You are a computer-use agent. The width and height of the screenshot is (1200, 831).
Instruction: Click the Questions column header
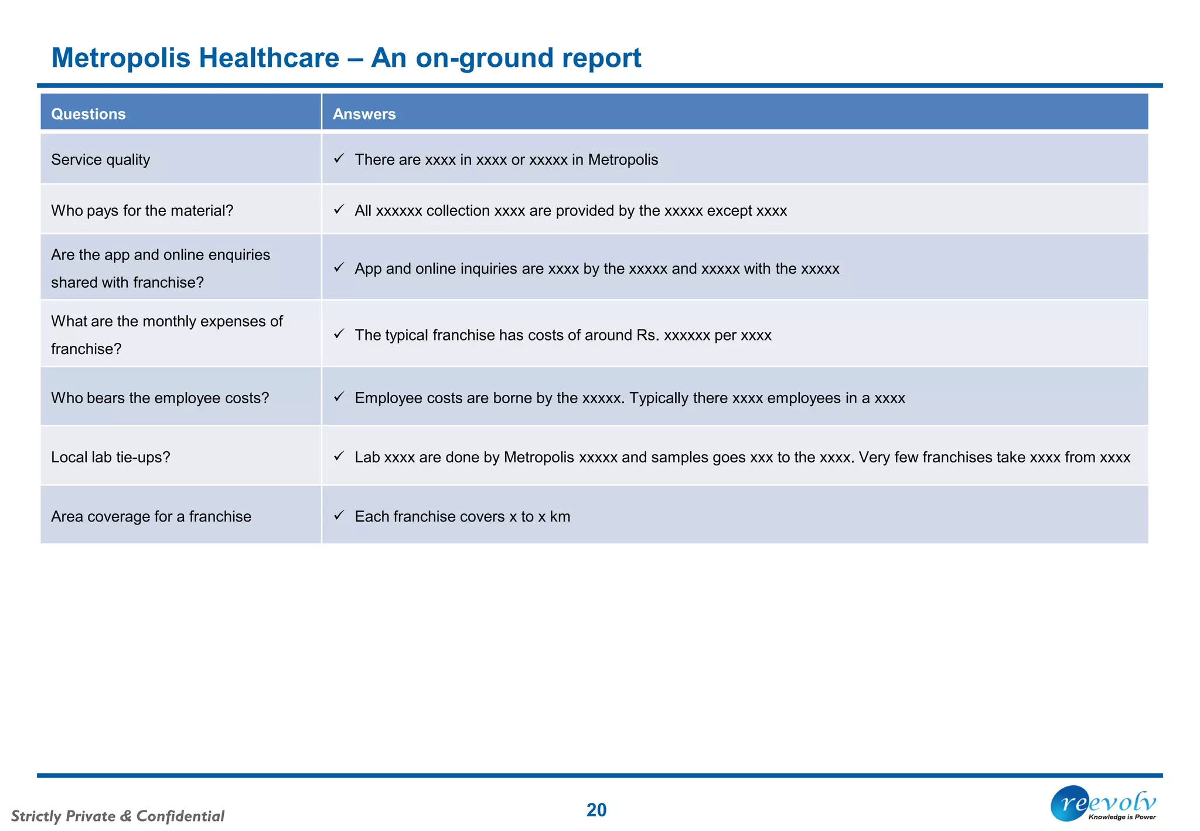coord(88,114)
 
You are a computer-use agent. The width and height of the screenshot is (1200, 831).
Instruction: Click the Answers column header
coord(364,114)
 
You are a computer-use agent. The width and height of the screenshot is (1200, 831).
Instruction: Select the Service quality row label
coord(100,159)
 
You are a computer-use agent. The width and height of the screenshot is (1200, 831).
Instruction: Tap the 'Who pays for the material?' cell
coord(142,210)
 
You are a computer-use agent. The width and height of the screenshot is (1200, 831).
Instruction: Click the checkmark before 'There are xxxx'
coord(339,158)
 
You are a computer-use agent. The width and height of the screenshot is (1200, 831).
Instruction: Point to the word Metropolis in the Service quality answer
coord(623,159)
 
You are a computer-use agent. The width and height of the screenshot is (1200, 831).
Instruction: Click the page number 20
coord(596,810)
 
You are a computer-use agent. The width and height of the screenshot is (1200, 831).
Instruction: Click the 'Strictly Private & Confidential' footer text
coord(118,816)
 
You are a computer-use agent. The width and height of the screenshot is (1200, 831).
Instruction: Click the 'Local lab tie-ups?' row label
coord(110,457)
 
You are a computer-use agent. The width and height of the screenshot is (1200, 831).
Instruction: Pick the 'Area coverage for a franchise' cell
coord(151,516)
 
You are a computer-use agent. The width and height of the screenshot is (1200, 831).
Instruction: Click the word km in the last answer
coord(560,516)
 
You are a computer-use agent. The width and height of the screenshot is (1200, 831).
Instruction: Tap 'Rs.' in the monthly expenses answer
coord(647,335)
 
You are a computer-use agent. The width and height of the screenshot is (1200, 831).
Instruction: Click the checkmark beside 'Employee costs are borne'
coord(339,397)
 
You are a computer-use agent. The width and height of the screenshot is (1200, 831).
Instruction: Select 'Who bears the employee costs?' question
coord(160,398)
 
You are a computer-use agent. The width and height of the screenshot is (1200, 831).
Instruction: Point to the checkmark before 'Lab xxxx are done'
coord(339,456)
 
